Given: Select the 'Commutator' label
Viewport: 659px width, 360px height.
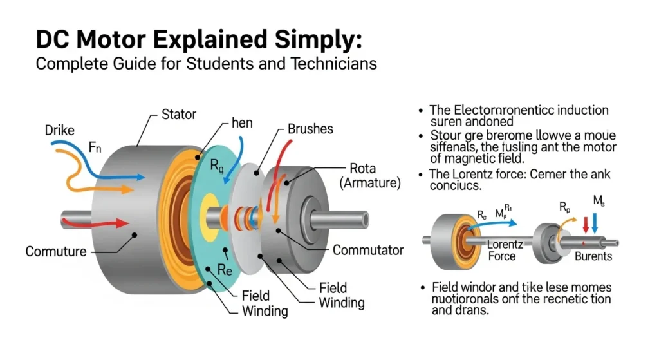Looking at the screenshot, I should click(x=369, y=250).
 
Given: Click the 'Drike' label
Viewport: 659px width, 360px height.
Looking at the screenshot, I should click(x=60, y=131).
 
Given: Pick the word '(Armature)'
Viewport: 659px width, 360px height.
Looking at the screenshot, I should click(x=371, y=184).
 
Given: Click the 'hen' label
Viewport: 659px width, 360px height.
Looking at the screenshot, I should click(x=242, y=122).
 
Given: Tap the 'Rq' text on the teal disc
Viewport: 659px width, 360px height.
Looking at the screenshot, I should click(x=218, y=167).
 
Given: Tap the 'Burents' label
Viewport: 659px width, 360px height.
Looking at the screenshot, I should click(x=593, y=256).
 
